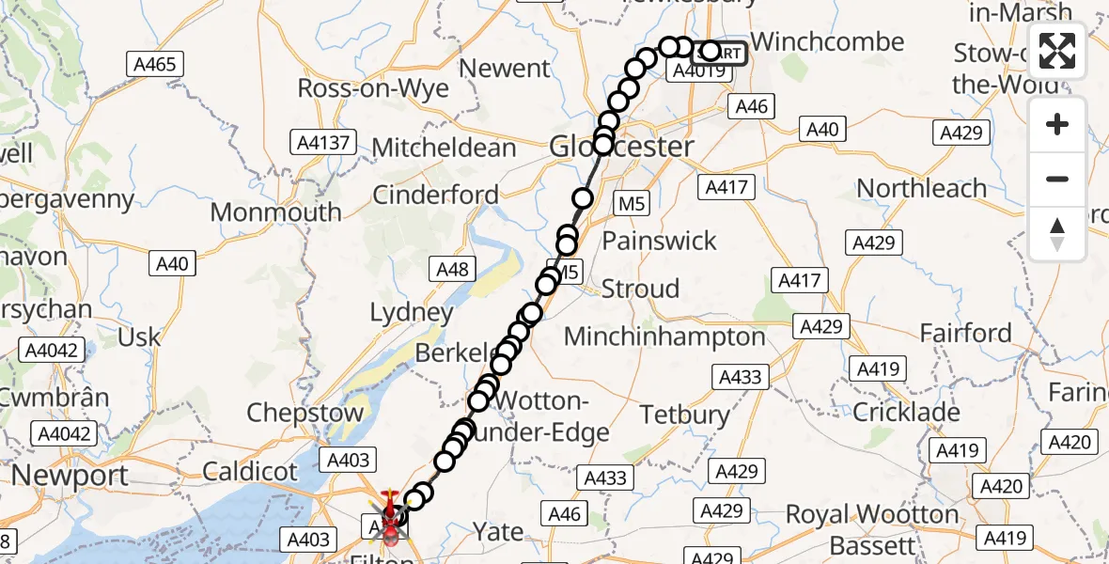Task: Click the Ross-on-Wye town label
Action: point(372,88)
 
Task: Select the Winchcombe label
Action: point(828,42)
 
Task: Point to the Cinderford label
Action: point(436,195)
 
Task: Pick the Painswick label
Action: point(659,241)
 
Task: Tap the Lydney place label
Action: point(412,312)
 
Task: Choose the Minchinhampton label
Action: point(664,337)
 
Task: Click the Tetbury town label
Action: point(684,414)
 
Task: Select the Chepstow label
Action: point(305,413)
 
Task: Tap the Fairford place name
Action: point(965,334)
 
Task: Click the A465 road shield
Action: point(155,64)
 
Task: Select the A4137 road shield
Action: point(322,143)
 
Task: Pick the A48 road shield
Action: point(452,270)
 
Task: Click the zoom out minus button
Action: point(1057,180)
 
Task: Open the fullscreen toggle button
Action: point(1057,50)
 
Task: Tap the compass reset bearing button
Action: point(1057,233)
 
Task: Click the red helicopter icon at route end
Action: point(390,515)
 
